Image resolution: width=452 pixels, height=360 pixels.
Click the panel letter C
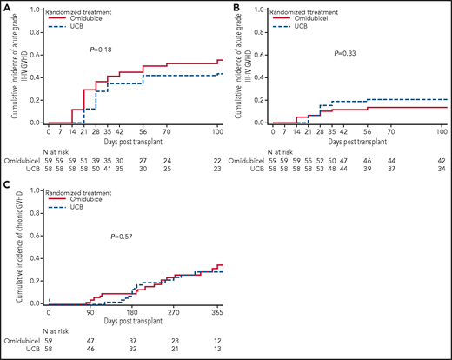coord(6,184)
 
